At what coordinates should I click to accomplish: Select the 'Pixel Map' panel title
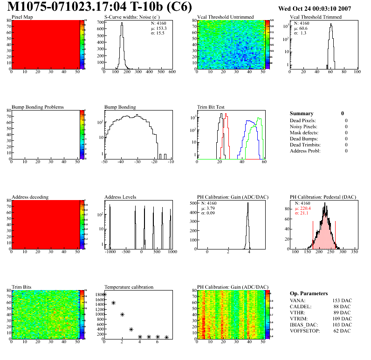pos(22,17)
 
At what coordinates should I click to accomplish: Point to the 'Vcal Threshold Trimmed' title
pos(316,17)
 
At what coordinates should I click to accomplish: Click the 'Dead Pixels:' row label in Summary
pos(303,120)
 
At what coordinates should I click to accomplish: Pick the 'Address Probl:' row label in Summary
pos(305,151)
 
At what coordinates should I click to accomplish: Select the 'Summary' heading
pos(302,113)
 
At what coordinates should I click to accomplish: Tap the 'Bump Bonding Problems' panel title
pos(38,107)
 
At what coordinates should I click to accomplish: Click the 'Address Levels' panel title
pos(120,197)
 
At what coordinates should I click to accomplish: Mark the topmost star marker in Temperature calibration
pos(104,295)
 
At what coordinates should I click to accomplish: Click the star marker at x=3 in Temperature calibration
pos(131,330)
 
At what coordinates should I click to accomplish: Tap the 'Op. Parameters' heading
pos(309,293)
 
